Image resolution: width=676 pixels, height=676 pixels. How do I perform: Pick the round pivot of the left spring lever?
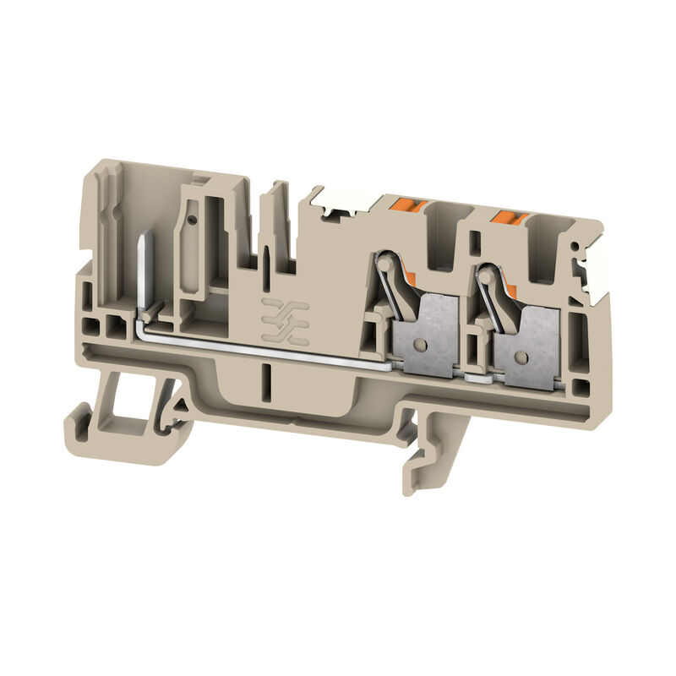[x=385, y=263]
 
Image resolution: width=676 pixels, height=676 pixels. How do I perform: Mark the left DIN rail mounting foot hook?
[x=84, y=422]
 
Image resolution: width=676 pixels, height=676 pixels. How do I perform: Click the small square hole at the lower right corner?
[x=581, y=390]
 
